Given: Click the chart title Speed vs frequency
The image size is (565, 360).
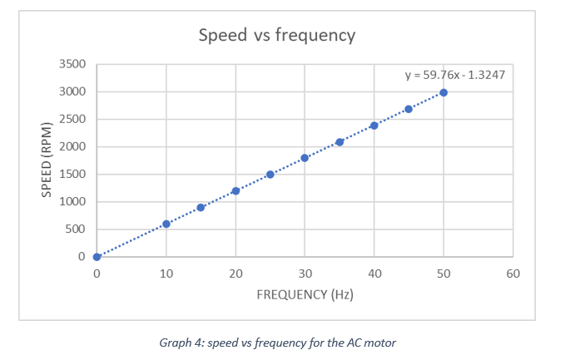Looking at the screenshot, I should click(x=276, y=35).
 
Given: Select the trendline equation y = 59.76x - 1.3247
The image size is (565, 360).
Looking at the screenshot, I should click(x=454, y=75).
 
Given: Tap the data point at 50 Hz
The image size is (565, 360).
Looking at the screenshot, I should click(x=444, y=92).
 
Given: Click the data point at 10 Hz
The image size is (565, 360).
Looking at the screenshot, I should click(x=166, y=224).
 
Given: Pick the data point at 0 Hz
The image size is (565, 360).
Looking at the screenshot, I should click(x=97, y=257).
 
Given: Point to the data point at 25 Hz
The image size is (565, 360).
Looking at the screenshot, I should click(x=270, y=175).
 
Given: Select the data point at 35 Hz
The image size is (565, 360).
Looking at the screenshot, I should click(x=339, y=141).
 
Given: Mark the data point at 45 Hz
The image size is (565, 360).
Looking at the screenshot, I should click(x=409, y=109).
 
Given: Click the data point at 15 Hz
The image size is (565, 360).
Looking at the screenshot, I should click(x=201, y=207).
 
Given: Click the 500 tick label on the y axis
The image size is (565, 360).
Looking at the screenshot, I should click(x=77, y=229).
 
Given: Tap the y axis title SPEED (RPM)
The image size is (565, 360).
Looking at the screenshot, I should click(x=47, y=160).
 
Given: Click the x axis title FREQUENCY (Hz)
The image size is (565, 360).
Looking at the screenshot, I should click(x=305, y=294).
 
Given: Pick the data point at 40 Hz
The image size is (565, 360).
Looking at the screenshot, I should click(x=374, y=126).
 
